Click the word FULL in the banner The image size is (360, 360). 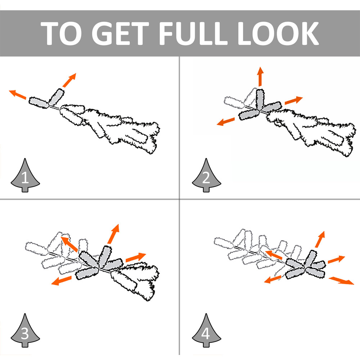(193, 33)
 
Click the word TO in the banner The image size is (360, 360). (61, 33)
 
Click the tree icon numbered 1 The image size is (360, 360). (25, 175)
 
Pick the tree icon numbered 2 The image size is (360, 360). (206, 175)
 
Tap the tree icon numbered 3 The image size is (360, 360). (25, 330)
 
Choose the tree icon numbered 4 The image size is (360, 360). (206, 330)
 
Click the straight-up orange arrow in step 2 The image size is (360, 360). (260, 76)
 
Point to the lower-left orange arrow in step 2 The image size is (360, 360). (226, 121)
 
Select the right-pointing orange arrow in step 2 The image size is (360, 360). (294, 100)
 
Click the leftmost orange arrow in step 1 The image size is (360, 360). (18, 95)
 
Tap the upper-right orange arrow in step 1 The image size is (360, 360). (69, 80)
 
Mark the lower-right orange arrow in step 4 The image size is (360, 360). (341, 280)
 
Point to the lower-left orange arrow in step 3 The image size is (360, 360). (61, 280)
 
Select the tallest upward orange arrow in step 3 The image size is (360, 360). (113, 234)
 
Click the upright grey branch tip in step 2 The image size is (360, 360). (260, 99)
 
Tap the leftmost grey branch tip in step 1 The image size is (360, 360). (39, 102)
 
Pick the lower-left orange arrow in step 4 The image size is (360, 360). (273, 279)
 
